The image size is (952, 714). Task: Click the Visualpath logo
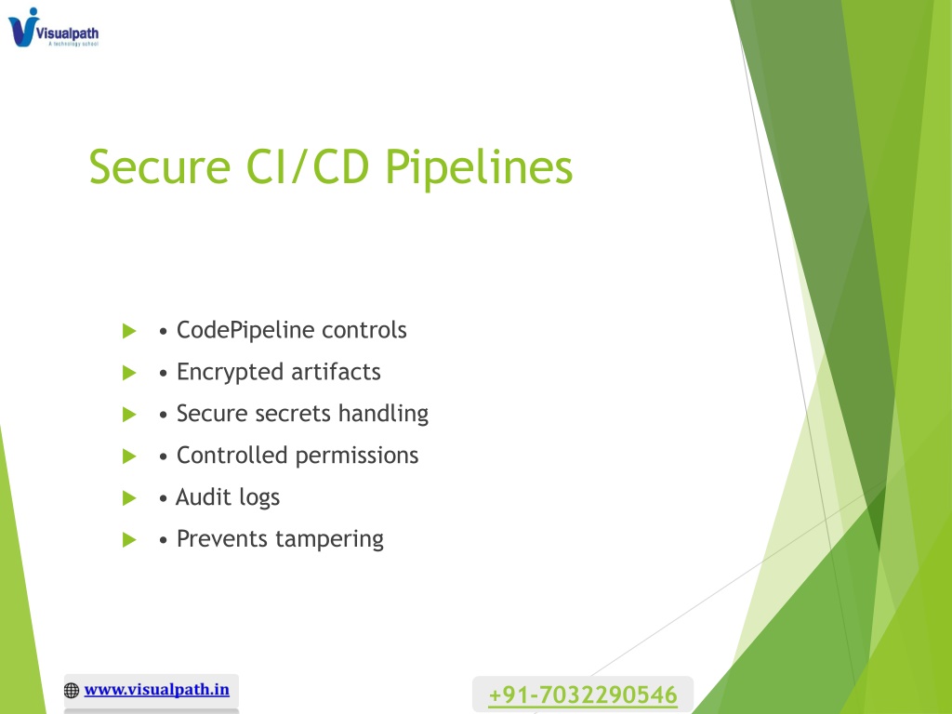click(x=53, y=27)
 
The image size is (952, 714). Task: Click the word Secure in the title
click(x=160, y=167)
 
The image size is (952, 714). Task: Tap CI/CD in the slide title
click(x=308, y=167)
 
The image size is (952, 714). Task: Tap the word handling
click(x=383, y=414)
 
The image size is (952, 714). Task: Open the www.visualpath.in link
click(x=156, y=690)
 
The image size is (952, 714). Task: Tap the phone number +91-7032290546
click(x=583, y=694)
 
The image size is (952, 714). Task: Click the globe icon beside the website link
click(x=72, y=691)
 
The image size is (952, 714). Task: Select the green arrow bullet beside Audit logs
click(x=129, y=498)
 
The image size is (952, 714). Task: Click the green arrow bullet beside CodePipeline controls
click(x=129, y=332)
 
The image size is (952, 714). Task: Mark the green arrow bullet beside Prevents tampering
click(x=129, y=540)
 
